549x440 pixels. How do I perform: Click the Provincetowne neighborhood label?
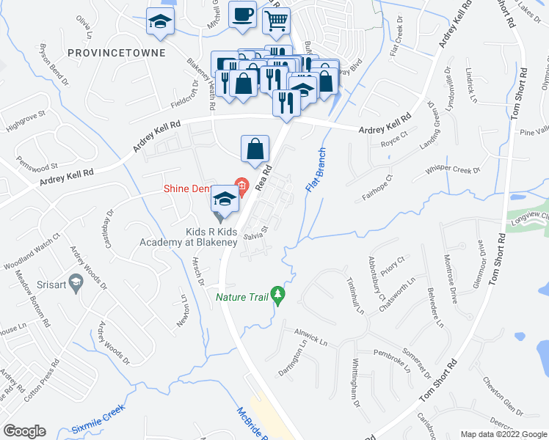[114, 54]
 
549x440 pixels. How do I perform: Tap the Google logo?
[24, 431]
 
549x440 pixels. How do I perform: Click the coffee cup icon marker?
[242, 14]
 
